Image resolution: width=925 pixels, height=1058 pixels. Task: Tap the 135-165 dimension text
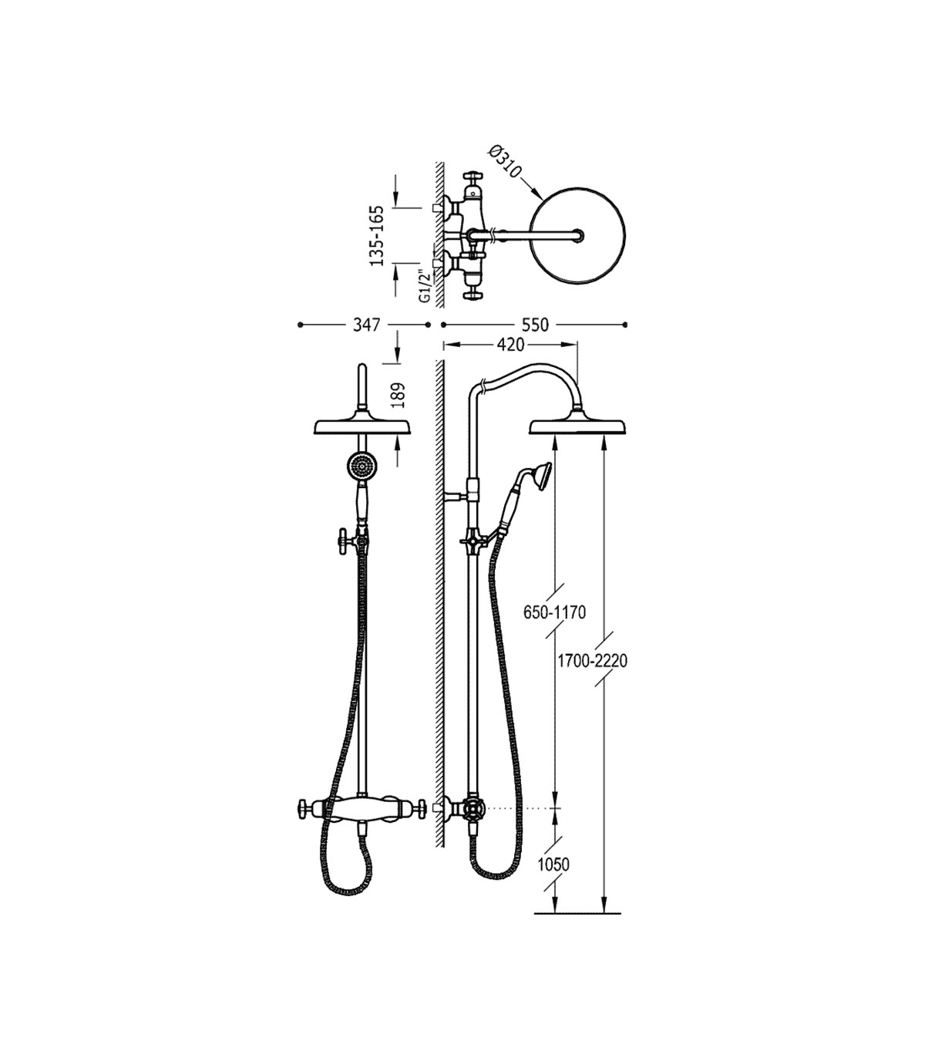coord(378,236)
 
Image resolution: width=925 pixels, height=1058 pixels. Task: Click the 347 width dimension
coord(366,325)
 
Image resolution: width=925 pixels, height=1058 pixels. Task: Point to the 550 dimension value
coord(534,325)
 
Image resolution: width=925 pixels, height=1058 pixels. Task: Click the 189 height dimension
coord(399,396)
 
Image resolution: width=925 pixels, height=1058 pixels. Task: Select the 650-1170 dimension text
coord(554,613)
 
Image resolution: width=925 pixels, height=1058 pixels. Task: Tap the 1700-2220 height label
coord(593,661)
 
